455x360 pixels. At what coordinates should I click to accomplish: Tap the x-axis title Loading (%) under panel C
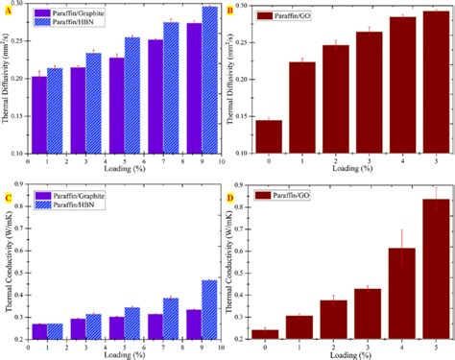[123, 352]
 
